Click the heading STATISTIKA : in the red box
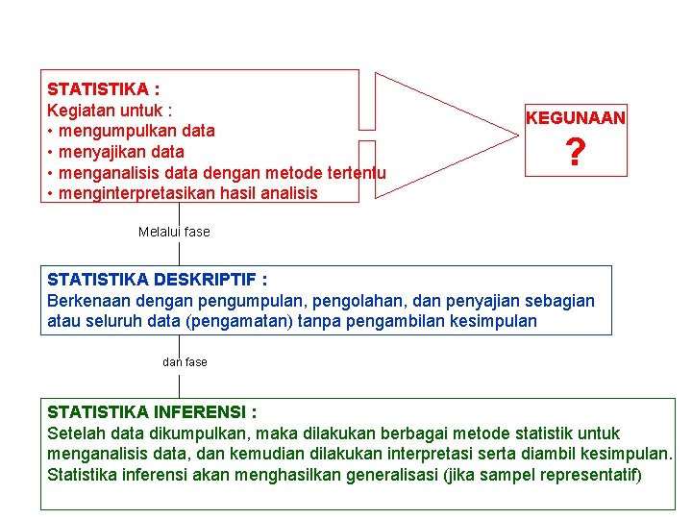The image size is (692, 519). pyautogui.click(x=103, y=89)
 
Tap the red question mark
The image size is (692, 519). pyautogui.click(x=575, y=152)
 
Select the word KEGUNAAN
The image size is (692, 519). pyautogui.click(x=575, y=118)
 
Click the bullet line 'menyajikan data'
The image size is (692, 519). pyautogui.click(x=121, y=152)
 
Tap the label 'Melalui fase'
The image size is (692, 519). pyautogui.click(x=174, y=232)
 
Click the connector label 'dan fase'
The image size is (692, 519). pyautogui.click(x=185, y=362)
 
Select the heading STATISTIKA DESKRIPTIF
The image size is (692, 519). pyautogui.click(x=157, y=280)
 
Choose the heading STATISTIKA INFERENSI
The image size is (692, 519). pyautogui.click(x=152, y=412)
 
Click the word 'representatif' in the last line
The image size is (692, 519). pyautogui.click(x=588, y=476)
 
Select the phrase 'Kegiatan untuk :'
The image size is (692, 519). pyautogui.click(x=109, y=110)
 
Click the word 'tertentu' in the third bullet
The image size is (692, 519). pyautogui.click(x=357, y=173)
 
